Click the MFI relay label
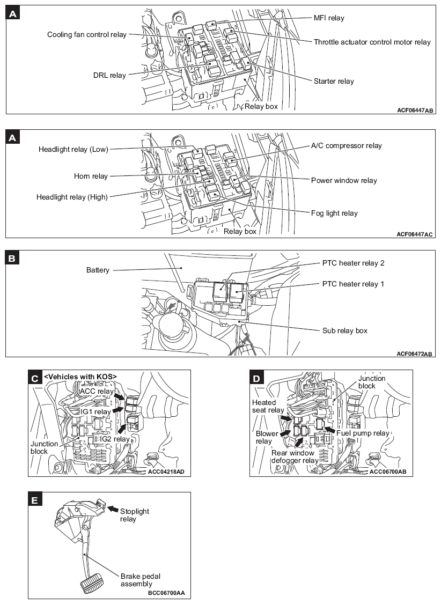tap(329, 18)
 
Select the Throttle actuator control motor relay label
tap(372, 42)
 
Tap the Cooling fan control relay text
tap(87, 35)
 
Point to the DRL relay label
tap(109, 76)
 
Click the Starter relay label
tap(334, 82)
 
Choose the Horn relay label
tap(91, 176)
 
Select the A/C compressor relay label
tap(347, 146)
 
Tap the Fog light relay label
tap(334, 213)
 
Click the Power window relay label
tap(344, 181)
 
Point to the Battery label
tap(98, 270)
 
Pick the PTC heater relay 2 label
tap(353, 263)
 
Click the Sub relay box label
tap(344, 331)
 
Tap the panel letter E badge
tap(34, 500)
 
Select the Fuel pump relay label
tap(363, 433)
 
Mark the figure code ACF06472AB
tap(414, 353)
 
